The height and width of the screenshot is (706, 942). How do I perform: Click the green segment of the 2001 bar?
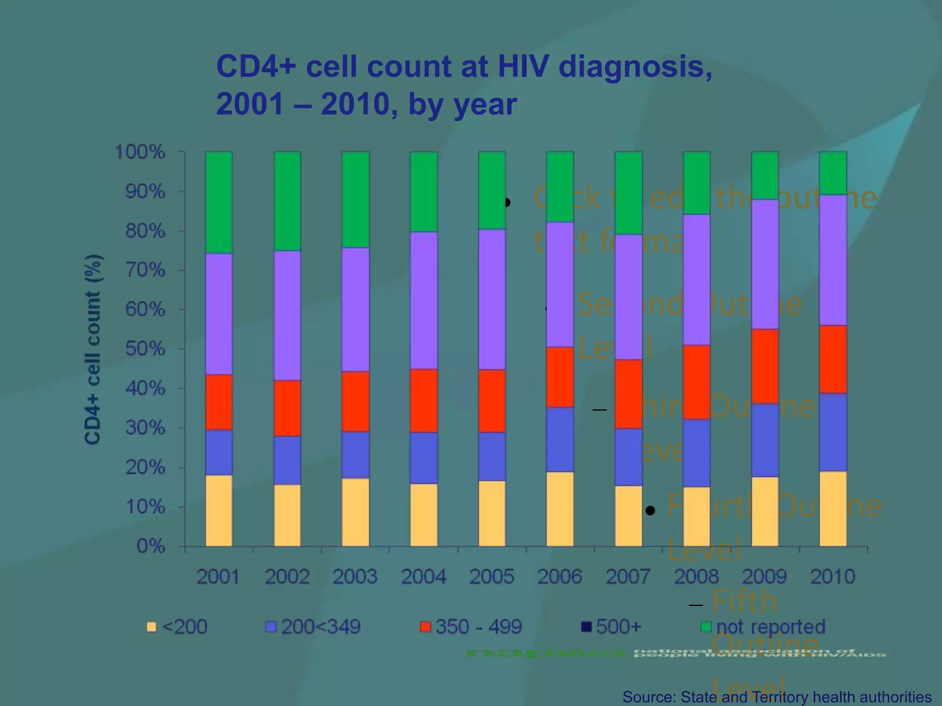[219, 202]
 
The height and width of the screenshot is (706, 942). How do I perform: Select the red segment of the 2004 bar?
[424, 400]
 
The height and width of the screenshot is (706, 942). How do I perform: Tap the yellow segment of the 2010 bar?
[833, 509]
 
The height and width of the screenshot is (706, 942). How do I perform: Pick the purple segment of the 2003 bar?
[356, 309]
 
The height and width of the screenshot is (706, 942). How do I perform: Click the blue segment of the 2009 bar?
[765, 440]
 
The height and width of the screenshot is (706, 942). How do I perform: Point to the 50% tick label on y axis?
[145, 349]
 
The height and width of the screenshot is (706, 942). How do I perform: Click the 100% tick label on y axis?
[140, 152]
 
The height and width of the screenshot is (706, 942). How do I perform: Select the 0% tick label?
[151, 547]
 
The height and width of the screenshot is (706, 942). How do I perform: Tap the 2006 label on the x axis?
[560, 576]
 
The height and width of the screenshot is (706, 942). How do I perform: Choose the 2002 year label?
[287, 576]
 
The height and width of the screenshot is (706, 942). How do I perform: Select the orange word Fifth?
[744, 601]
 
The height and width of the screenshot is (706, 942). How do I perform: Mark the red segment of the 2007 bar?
[628, 394]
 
